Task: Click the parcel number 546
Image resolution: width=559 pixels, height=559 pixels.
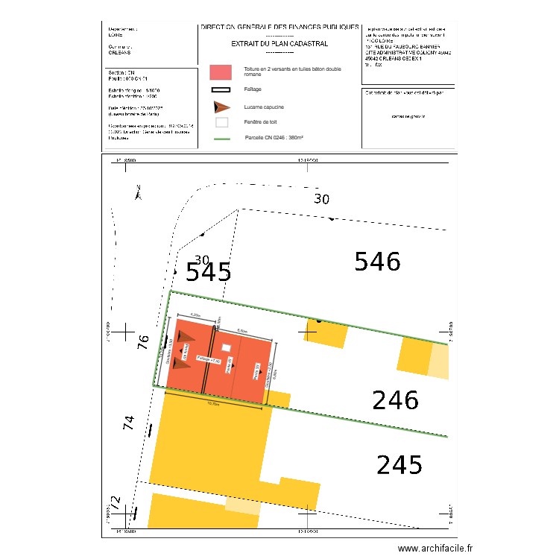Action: [377, 262]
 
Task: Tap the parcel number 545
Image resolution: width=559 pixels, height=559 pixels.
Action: [208, 273]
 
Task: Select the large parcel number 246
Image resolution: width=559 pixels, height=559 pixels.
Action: [395, 401]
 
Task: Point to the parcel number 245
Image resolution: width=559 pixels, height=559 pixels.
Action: [399, 466]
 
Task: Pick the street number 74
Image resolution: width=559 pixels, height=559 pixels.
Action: [129, 423]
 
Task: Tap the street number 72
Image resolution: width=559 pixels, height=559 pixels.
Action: [116, 502]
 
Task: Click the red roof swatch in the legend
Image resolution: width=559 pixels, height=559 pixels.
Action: [221, 72]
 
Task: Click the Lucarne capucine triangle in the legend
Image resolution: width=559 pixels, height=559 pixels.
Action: [221, 107]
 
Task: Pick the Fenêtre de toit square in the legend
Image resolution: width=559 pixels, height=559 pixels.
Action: [221, 122]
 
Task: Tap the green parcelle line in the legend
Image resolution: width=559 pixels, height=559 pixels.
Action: [221, 139]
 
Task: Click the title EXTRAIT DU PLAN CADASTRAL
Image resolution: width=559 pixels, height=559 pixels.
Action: [279, 44]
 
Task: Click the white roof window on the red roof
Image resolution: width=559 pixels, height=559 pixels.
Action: [226, 347]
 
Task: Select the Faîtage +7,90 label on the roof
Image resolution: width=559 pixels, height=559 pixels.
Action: [209, 360]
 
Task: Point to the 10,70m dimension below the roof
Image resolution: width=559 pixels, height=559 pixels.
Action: [212, 403]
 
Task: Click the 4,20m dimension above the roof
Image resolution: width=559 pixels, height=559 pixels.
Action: [195, 316]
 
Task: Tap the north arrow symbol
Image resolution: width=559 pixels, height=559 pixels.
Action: [138, 193]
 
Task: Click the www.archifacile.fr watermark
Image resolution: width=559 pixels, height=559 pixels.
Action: [435, 548]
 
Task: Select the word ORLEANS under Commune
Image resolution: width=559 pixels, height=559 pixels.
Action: [119, 52]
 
